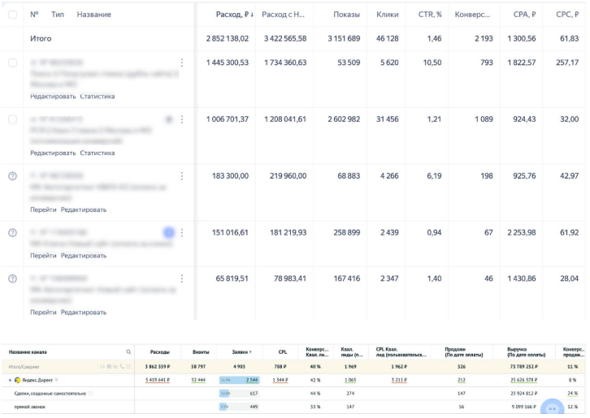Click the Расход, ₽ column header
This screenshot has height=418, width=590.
tap(233, 15)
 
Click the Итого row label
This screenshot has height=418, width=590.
tap(41, 38)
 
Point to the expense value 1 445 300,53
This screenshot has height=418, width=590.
tap(228, 62)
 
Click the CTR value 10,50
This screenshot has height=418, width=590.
tap(432, 62)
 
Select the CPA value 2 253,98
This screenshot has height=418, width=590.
tap(519, 233)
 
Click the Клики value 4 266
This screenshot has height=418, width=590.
tap(388, 176)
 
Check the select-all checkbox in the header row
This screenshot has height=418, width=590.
tap(12, 15)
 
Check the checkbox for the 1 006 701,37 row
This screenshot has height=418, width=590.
tap(12, 119)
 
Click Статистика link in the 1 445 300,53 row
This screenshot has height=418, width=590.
tap(98, 97)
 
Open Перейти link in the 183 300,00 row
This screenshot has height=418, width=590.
tap(43, 209)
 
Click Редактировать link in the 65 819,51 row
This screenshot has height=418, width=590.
tap(84, 312)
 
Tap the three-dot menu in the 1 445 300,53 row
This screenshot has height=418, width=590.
tap(182, 62)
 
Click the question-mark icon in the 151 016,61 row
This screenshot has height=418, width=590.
tap(12, 233)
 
